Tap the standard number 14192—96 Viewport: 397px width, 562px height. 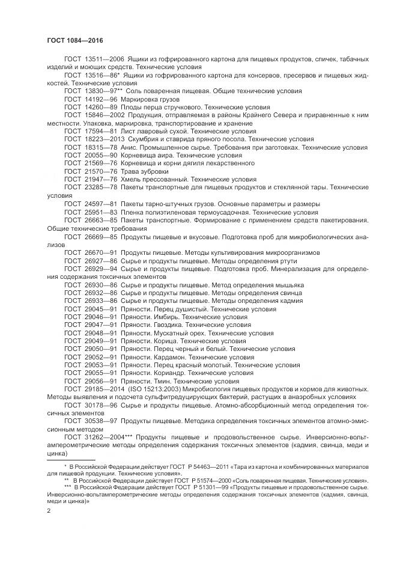pos(99,97)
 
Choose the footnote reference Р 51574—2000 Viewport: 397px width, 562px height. pos(190,481)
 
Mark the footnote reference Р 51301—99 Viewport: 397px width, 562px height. pos(189,489)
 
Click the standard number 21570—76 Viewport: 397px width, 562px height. pos(99,170)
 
